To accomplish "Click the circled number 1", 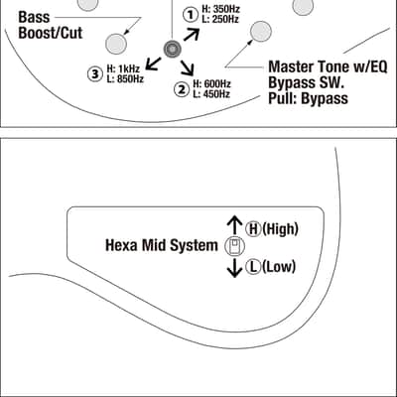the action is point(191,15).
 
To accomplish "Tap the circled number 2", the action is point(182,89).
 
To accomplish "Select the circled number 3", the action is point(95,74).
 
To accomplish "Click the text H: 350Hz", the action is point(220,9).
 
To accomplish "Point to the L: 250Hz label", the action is point(220,20).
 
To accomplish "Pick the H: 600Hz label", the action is point(212,84).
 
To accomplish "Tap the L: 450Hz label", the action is point(211,94).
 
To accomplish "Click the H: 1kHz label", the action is point(123,68).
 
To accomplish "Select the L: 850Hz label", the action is point(125,79).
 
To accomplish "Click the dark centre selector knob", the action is point(173,50).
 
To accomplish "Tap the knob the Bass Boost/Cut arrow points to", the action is point(116,44).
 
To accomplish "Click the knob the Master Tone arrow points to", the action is point(261,32).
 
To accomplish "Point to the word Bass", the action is point(34,17).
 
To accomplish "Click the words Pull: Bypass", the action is point(308,98).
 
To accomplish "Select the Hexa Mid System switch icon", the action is point(234,247).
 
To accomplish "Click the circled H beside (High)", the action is point(253,228).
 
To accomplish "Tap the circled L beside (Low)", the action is point(254,267).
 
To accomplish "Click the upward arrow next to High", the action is point(234,225).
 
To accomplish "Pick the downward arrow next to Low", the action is point(234,268).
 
